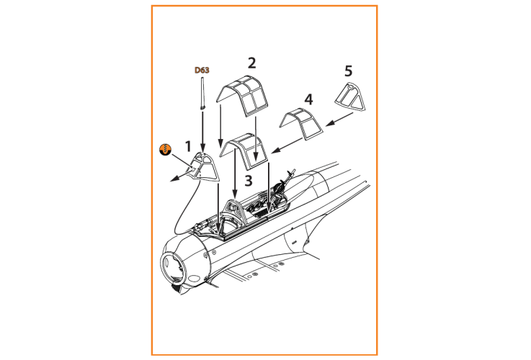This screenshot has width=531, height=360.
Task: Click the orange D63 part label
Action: pyautogui.click(x=202, y=70)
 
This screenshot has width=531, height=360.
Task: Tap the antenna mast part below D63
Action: pyautogui.click(x=202, y=94)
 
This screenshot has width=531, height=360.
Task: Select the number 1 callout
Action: pyautogui.click(x=188, y=146)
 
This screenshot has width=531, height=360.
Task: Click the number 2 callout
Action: pyautogui.click(x=251, y=63)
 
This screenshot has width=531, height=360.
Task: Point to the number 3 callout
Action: pyautogui.click(x=249, y=181)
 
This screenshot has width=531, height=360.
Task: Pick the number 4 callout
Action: pyautogui.click(x=308, y=99)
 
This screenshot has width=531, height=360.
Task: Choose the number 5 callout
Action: pyautogui.click(x=349, y=71)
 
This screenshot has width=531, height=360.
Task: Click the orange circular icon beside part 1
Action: pyautogui.click(x=165, y=150)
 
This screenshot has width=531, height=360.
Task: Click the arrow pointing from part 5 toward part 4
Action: pyautogui.click(x=339, y=120)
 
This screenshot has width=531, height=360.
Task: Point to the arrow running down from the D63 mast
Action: pyautogui.click(x=202, y=131)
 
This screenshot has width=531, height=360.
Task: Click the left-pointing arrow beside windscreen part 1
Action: pyautogui.click(x=182, y=176)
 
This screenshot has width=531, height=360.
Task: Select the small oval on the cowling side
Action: pyautogui.click(x=194, y=279)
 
